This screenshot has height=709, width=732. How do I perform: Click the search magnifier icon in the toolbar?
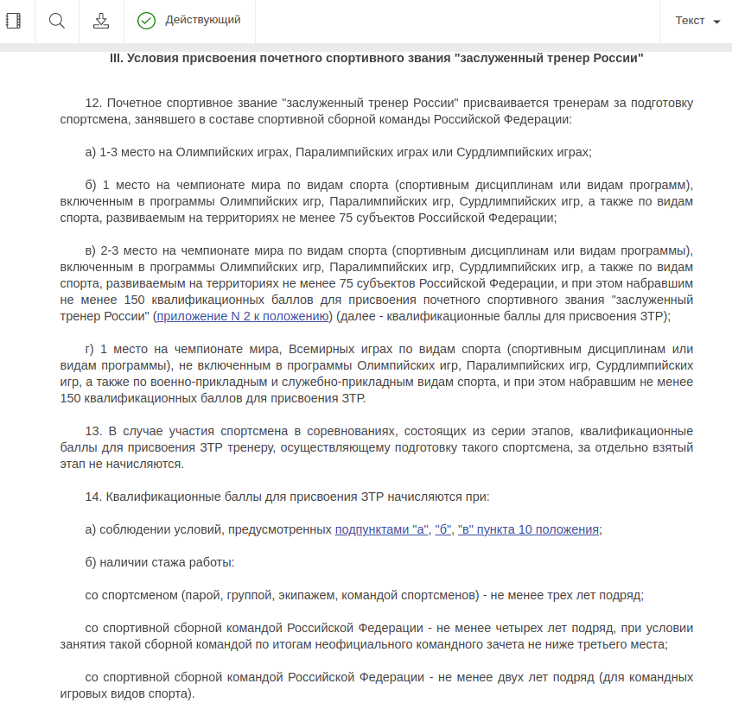coord(57,21)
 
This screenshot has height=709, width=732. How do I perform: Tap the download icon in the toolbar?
coord(101,21)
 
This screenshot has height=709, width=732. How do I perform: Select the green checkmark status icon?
coord(146,21)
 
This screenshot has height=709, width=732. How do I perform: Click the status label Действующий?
coord(203,20)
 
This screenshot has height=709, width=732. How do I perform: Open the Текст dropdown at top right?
coord(697,21)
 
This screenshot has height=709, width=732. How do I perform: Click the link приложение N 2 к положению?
coord(243,316)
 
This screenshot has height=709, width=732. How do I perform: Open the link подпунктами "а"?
coord(382,529)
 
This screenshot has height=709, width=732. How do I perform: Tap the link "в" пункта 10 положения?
coord(528,529)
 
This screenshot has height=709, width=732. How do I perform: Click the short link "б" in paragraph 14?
coord(443,529)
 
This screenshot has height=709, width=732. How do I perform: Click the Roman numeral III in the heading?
coord(117,58)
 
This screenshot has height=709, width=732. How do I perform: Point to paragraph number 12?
coord(93,103)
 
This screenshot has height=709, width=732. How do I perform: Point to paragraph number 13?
coord(93,431)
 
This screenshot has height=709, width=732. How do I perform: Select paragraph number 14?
coord(93,497)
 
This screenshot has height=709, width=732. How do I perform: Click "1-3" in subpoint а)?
coord(110,152)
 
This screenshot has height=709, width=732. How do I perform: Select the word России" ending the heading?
coord(618,58)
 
